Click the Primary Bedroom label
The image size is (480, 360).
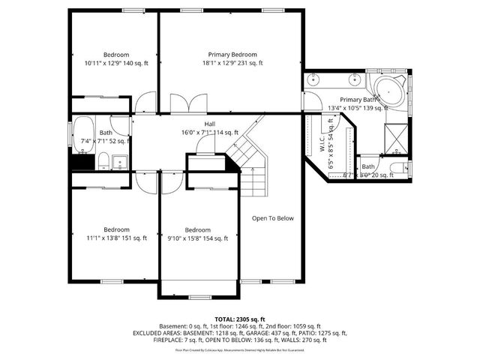click(232, 55)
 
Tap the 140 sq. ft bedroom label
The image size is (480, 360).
click(116, 55)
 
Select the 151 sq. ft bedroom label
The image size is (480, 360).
click(116, 229)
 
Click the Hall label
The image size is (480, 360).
click(211, 124)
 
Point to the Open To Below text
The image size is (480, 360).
click(272, 219)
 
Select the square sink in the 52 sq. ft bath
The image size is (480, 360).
click(120, 160)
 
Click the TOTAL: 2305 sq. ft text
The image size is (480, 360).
click(240, 319)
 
